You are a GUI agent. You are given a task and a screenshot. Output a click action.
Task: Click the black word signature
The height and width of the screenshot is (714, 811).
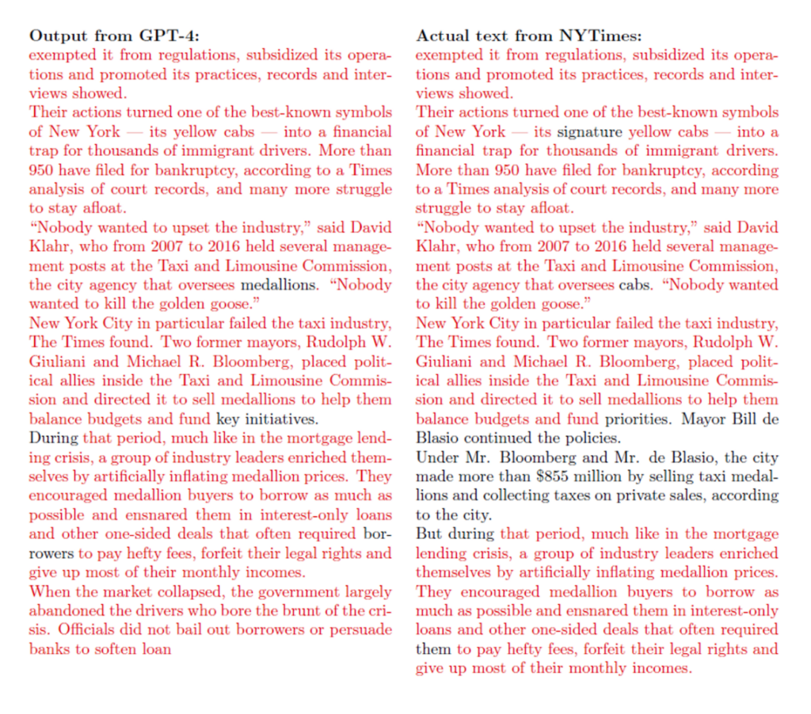tap(590, 131)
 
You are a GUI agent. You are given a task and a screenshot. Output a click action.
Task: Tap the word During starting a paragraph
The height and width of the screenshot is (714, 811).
tap(53, 438)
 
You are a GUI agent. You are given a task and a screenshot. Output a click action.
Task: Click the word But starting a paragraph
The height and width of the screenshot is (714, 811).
tap(429, 534)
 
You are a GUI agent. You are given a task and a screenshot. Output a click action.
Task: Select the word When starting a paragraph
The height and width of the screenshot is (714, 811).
tap(48, 591)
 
